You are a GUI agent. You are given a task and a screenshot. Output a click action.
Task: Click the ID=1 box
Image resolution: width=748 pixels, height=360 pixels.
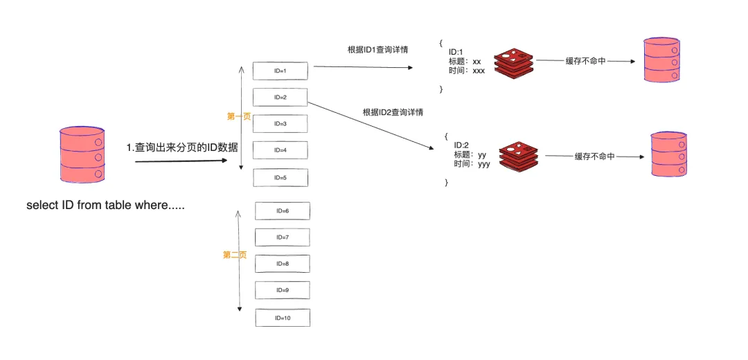pos(280,71)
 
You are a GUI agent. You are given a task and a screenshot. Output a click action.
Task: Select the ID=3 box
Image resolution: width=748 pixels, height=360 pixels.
pos(280,124)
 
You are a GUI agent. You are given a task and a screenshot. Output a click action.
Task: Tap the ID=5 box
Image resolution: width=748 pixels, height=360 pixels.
pos(280,178)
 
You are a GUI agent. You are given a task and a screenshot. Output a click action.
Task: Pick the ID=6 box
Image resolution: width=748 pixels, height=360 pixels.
pos(282,210)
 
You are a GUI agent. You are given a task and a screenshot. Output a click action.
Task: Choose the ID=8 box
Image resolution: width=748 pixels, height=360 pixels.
pos(282,264)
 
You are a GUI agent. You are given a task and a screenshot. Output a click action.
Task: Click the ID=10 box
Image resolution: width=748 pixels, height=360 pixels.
pos(282,318)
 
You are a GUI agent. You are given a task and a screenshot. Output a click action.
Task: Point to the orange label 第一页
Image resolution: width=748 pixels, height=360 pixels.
pos(238,116)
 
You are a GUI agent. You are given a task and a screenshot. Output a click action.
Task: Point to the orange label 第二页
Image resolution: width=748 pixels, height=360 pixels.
pos(234,255)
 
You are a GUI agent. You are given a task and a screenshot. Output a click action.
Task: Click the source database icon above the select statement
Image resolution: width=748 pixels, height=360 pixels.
pos(82,154)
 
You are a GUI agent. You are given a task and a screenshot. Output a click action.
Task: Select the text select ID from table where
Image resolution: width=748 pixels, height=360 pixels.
pos(105,206)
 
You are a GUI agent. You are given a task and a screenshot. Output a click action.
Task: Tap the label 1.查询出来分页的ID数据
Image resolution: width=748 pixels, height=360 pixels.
pos(181,147)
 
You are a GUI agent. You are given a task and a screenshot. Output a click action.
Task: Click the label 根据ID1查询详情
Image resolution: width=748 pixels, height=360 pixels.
pos(377,50)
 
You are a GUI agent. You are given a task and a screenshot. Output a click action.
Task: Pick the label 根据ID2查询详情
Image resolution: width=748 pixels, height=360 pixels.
pos(393,111)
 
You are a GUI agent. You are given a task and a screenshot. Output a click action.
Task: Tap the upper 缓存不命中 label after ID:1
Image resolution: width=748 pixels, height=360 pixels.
pos(585,61)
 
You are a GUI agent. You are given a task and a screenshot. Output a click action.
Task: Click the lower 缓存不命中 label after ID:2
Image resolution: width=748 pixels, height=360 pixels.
pos(594,156)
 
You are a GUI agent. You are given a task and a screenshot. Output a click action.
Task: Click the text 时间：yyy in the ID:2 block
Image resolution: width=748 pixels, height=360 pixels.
pos(472,164)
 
